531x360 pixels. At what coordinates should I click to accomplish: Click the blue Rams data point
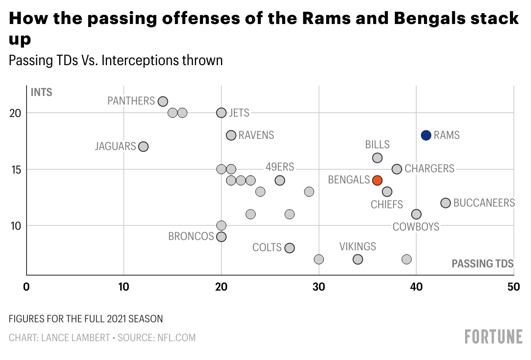pos(426,135)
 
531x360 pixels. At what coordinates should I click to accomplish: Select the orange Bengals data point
pos(377,180)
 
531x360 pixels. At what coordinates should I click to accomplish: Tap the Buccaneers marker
pos(445,203)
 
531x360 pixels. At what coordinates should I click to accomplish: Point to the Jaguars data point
pos(143,147)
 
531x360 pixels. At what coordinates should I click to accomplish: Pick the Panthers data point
pos(163,102)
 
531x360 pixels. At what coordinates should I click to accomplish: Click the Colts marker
pos(289,248)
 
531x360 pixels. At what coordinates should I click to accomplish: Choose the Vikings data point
pos(358,259)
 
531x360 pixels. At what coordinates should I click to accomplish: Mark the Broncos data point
pos(221,237)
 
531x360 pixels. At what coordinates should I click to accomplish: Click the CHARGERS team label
pos(429,169)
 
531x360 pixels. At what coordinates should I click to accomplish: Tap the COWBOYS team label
pos(416,227)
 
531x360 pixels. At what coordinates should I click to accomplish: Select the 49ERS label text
pos(280,167)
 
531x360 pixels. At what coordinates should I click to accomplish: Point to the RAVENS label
pos(256,135)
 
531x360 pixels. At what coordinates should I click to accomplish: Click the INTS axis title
pos(42,92)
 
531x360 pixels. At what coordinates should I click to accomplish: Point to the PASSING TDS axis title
pos(483,264)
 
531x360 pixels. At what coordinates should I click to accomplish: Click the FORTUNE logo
pos(494,336)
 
